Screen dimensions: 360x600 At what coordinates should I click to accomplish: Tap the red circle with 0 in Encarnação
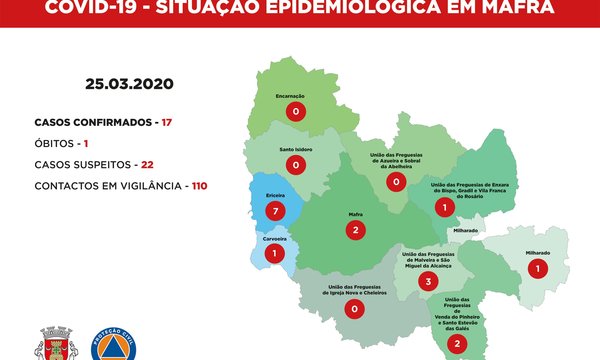(296, 113)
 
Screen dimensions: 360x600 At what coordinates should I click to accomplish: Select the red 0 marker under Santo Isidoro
(295, 164)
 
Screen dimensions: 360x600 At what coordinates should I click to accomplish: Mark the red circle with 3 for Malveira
(428, 282)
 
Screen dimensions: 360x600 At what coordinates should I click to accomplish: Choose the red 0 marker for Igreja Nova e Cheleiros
(355, 309)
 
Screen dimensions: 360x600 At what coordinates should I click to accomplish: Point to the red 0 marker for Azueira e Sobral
(396, 181)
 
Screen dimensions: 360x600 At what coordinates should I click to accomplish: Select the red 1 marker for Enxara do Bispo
(441, 207)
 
